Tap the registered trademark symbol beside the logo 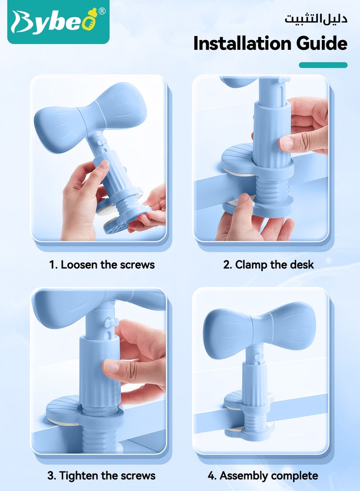click(102, 11)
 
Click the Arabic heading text click(315, 19)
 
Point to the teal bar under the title click(323, 65)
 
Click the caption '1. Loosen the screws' click(102, 264)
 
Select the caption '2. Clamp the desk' click(268, 264)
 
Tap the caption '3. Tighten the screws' click(102, 475)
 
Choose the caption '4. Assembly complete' click(262, 475)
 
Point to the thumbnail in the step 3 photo click(111, 366)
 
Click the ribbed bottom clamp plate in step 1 click(126, 220)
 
